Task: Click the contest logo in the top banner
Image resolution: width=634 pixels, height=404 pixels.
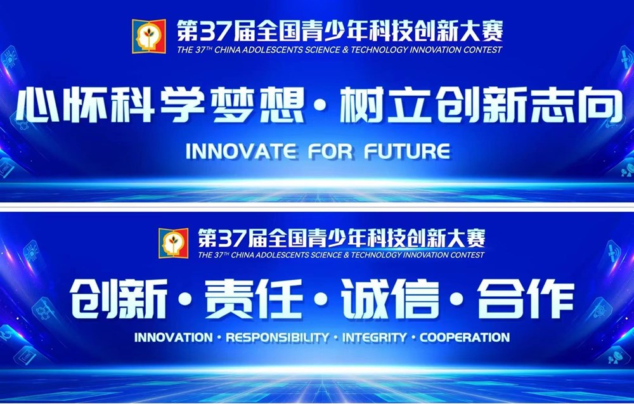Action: pyautogui.click(x=148, y=36)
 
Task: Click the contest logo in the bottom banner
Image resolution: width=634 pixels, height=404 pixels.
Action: pyautogui.click(x=173, y=243)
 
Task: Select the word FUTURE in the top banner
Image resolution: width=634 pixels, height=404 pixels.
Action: pyautogui.click(x=407, y=151)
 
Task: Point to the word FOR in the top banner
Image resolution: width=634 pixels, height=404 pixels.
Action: pyautogui.click(x=330, y=151)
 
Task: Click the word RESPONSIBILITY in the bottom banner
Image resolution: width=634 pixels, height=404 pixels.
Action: pyautogui.click(x=278, y=337)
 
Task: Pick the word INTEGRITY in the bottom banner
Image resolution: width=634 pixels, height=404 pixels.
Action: pyautogui.click(x=374, y=337)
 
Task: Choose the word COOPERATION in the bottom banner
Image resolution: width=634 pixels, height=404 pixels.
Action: pyautogui.click(x=465, y=337)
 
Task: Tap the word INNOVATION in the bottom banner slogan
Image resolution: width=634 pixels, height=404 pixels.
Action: pyautogui.click(x=174, y=337)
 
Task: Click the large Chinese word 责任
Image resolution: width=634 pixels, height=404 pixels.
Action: pyautogui.click(x=254, y=299)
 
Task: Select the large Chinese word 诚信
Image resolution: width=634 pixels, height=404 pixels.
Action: pyautogui.click(x=390, y=299)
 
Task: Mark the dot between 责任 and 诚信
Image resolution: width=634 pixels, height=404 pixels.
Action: pyautogui.click(x=321, y=299)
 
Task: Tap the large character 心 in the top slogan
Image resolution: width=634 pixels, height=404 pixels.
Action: pyautogui.click(x=37, y=106)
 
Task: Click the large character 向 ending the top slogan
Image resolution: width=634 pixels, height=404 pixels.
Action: pyautogui.click(x=601, y=106)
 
